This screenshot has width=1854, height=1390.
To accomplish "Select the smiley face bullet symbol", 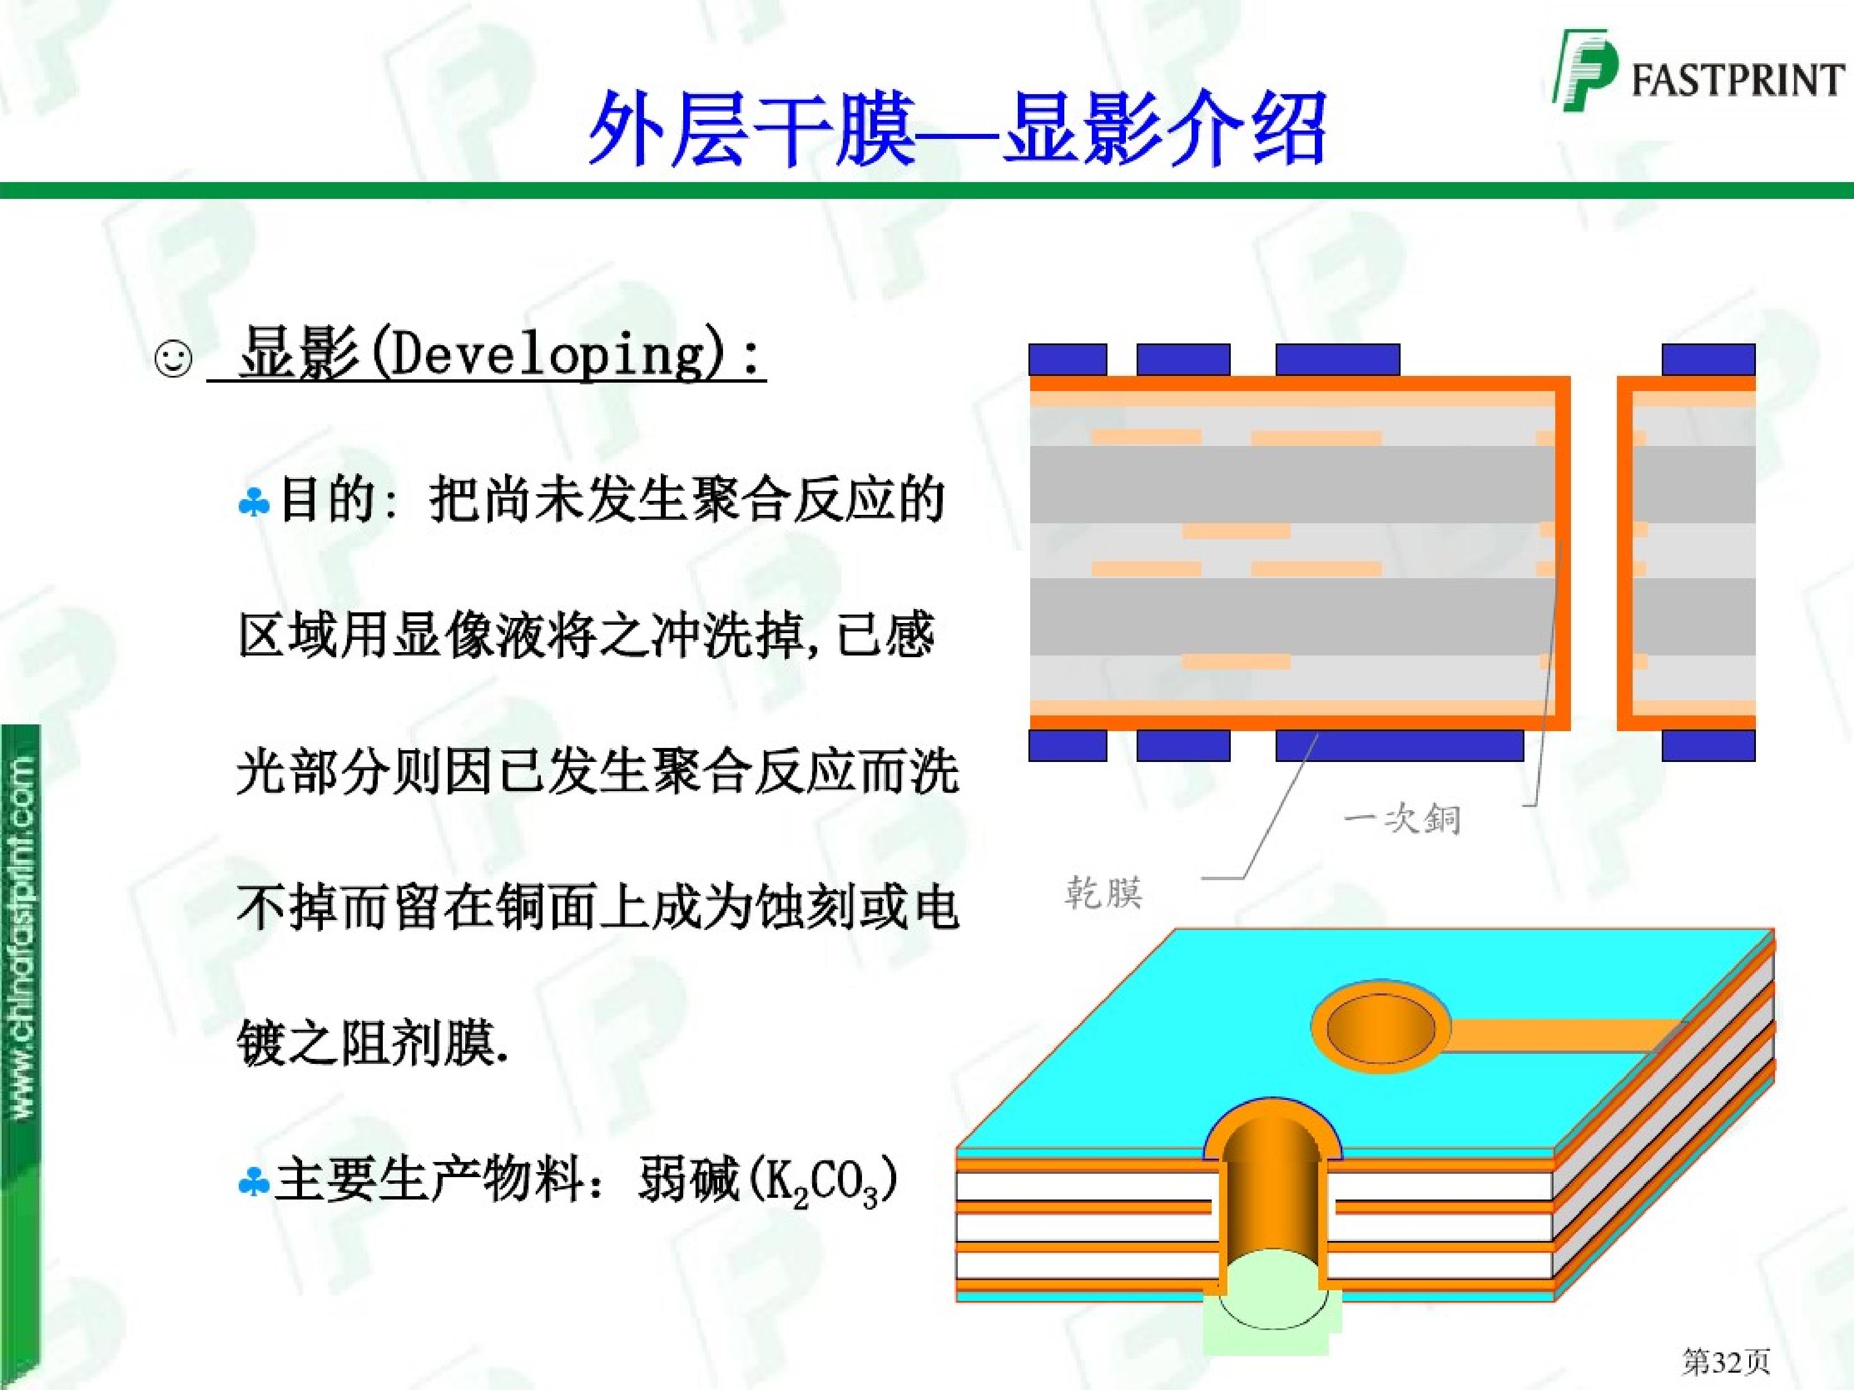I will [174, 360].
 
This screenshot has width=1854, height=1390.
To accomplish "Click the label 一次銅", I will [1401, 820].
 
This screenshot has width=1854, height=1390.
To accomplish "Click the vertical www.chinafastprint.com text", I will [24, 938].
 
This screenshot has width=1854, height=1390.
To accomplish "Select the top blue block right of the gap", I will [1708, 360].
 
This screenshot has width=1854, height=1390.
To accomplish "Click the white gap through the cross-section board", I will [1592, 553].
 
